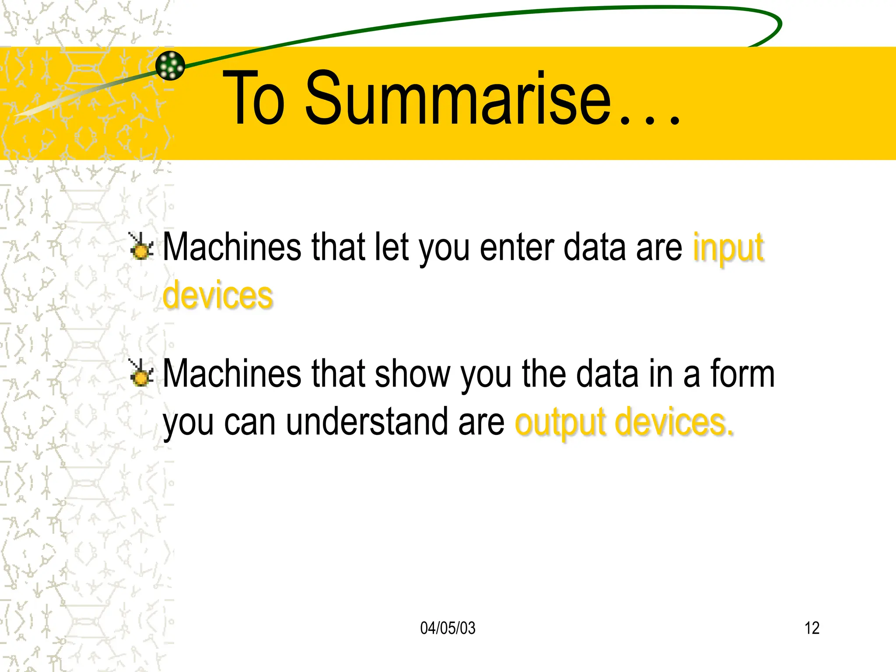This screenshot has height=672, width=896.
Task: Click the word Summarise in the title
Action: click(x=458, y=98)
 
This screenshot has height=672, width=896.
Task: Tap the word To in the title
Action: click(x=254, y=98)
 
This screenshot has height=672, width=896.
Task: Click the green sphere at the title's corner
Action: click(x=170, y=66)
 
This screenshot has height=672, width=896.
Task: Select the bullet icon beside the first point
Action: click(x=141, y=247)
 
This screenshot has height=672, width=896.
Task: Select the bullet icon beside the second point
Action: click(x=141, y=374)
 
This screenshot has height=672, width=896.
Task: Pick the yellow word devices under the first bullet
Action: click(x=218, y=295)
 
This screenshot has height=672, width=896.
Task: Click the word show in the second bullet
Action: click(x=412, y=374)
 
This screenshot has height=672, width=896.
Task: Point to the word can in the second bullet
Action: click(x=250, y=422)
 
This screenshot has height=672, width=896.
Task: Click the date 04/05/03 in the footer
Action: click(x=448, y=628)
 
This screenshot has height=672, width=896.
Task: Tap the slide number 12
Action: click(x=812, y=628)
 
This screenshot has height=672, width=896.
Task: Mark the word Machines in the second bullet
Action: click(x=232, y=374)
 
